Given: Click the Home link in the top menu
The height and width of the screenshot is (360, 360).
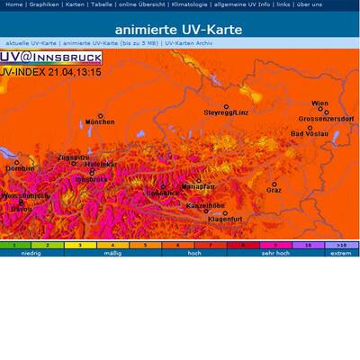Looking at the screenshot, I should click(x=13, y=4).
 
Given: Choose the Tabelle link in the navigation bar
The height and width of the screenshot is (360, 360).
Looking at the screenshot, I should click(x=102, y=4).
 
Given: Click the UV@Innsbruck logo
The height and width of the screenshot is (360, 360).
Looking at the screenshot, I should click(x=50, y=58).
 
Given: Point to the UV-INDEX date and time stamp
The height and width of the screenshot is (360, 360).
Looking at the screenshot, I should click(x=50, y=71).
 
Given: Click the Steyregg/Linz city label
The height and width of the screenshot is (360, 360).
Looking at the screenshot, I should click(x=225, y=113).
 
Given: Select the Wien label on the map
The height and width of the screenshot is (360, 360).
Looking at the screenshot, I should click(x=319, y=103).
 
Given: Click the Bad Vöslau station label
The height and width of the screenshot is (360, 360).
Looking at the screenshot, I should click(x=310, y=134).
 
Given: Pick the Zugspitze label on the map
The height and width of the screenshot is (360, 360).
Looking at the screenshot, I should click(x=73, y=157).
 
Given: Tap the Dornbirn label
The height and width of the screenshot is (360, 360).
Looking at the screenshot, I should click(x=20, y=168).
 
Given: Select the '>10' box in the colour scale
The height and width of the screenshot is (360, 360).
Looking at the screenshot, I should click(x=340, y=244).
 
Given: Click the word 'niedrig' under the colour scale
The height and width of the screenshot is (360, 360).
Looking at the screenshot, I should click(x=31, y=253).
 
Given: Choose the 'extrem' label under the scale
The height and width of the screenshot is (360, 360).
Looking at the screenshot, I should click(x=340, y=253).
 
